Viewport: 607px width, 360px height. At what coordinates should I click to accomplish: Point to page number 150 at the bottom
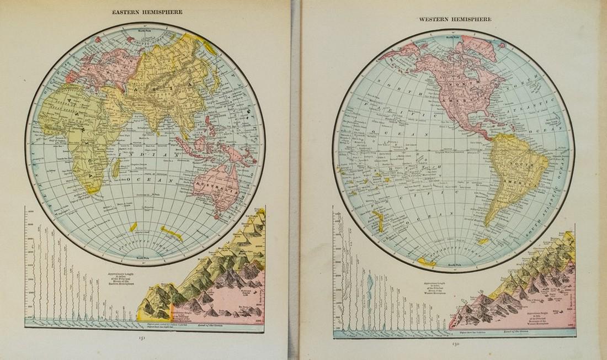[x=454, y=343]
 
